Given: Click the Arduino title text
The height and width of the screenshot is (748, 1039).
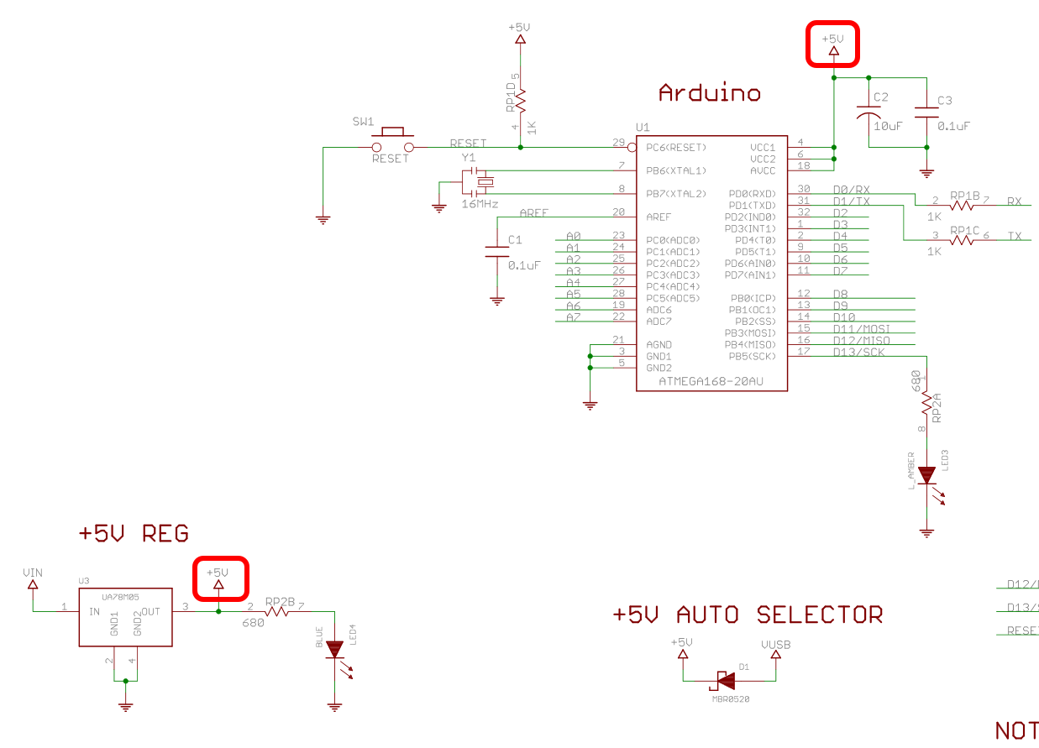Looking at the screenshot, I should (x=709, y=92).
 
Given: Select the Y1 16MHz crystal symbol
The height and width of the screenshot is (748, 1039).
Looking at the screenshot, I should (x=481, y=182).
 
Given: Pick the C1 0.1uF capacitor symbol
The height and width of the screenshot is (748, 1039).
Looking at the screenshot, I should (x=497, y=251).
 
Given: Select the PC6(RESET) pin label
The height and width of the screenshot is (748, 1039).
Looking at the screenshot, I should (x=676, y=148).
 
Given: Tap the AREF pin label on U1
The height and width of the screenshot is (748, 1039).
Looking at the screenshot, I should (x=659, y=217).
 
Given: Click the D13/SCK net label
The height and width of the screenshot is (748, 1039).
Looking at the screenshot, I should (x=858, y=352).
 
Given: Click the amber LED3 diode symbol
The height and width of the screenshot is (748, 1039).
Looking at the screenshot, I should (x=926, y=476).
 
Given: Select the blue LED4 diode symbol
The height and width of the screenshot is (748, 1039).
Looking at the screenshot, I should (x=335, y=649).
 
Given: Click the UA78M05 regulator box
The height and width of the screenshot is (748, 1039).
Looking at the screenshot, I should (x=125, y=617).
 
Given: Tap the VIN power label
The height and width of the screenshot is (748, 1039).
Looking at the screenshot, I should (x=33, y=573).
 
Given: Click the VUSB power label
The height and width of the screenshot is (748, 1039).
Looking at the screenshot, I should (x=775, y=645).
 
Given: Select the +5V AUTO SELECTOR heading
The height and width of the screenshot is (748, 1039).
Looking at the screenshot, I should (x=748, y=615).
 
